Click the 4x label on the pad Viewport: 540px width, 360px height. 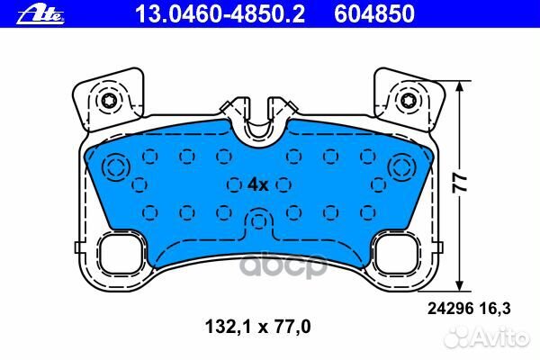click(x=257, y=184)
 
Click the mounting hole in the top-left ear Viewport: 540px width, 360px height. click(x=109, y=100)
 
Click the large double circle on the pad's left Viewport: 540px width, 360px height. click(x=114, y=167)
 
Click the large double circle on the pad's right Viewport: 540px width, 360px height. click(x=404, y=167)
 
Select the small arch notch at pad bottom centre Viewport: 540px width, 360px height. click(x=259, y=220)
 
